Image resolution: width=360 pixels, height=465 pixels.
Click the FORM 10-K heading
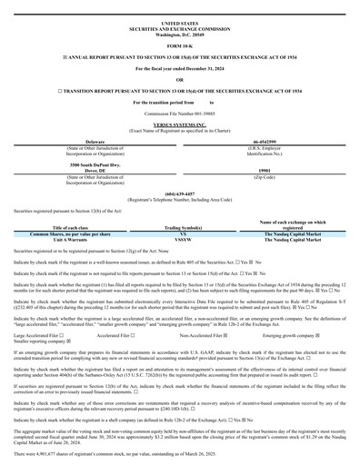click(179, 43)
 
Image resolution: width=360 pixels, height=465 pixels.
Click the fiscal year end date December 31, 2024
click(208, 70)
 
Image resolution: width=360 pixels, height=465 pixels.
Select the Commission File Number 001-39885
click(179, 114)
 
